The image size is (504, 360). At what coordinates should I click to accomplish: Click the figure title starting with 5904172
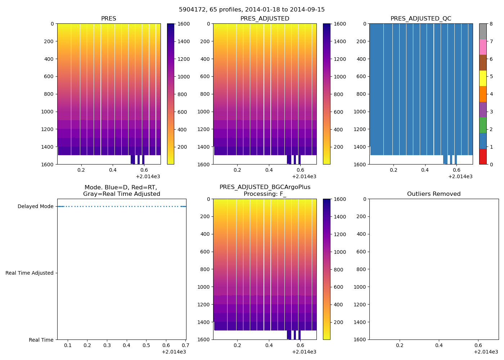[x=252, y=10]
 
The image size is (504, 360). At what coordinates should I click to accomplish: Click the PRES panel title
[x=108, y=19]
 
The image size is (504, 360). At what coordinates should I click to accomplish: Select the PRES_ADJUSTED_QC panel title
[x=420, y=19]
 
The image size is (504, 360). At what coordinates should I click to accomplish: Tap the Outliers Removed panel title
[x=433, y=194]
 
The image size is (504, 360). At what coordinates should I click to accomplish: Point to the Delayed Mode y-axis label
[x=35, y=207]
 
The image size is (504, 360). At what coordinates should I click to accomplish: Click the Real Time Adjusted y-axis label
[x=29, y=273]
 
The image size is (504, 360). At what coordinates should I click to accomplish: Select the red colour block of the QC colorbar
[x=482, y=157]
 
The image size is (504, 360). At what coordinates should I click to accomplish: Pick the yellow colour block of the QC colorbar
[x=482, y=78]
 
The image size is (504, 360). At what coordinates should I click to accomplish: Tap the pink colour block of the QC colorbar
[x=482, y=47]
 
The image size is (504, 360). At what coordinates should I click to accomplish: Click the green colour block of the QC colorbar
[x=482, y=125]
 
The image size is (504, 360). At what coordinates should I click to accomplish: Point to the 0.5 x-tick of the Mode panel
[x=146, y=346]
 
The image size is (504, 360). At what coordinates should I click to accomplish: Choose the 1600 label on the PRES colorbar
[x=184, y=24]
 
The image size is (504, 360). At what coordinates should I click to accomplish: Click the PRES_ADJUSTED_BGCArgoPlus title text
[x=265, y=187]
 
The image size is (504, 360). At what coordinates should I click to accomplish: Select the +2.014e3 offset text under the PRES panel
[x=148, y=177]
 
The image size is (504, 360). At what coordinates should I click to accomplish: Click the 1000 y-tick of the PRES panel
[x=48, y=112]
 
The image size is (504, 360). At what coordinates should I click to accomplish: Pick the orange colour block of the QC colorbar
[x=482, y=94]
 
